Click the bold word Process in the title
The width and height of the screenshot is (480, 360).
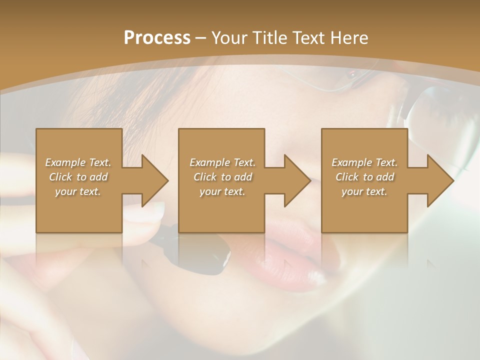coord(157,38)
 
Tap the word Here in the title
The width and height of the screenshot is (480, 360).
coord(350,38)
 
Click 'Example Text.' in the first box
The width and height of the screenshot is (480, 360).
coord(78,162)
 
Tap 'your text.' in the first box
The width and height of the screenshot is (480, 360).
coord(78,191)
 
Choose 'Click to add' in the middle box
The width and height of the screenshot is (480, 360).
coord(222,177)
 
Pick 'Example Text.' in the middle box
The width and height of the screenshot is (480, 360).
coord(222,162)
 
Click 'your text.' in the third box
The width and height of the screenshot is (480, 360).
coord(364,191)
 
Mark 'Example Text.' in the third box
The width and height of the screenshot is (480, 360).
coord(364,162)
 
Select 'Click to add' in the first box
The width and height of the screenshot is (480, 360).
coord(78,177)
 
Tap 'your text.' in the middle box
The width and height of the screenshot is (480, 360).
coord(222,191)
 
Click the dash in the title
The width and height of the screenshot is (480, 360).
coord(201,38)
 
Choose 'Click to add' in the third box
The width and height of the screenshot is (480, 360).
coord(364,177)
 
